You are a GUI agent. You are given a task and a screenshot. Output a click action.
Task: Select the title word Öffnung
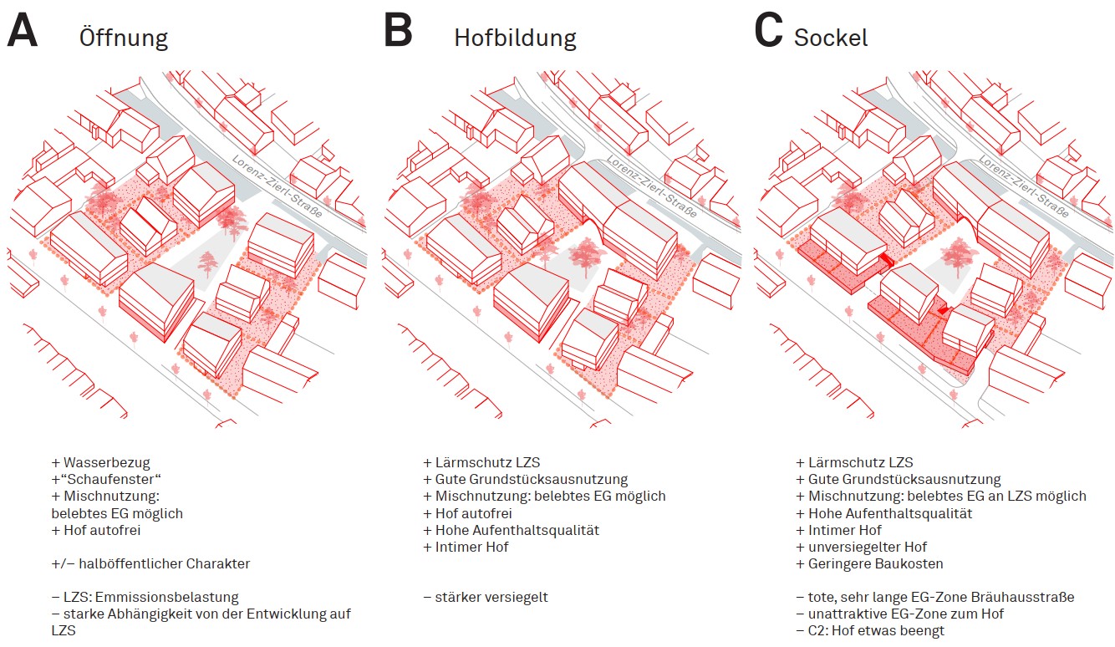tap(124, 38)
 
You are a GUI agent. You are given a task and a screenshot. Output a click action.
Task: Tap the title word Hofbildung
tap(515, 38)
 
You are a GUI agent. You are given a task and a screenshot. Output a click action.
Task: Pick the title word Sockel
tap(831, 38)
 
